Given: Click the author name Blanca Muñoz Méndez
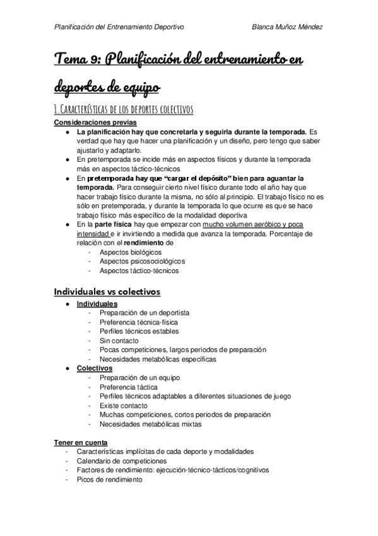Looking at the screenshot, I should (287, 27).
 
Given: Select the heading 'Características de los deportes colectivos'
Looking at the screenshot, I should (123, 110).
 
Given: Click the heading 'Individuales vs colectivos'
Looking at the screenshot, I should (107, 291).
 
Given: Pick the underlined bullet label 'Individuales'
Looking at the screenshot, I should (97, 304).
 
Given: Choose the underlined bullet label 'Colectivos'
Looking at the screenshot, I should (95, 368).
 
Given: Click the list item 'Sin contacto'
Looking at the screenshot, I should (119, 340).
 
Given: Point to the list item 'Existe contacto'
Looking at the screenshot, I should (124, 405).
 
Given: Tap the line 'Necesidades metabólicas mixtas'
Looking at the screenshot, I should (150, 424).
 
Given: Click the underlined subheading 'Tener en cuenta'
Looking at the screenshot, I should (81, 442).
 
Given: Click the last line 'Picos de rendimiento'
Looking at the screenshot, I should (110, 479).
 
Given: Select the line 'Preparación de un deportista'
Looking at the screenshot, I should (144, 313).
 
